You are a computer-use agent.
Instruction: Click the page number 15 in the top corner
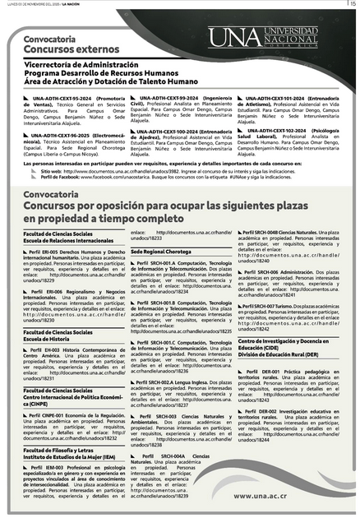click(x=352, y=5)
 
